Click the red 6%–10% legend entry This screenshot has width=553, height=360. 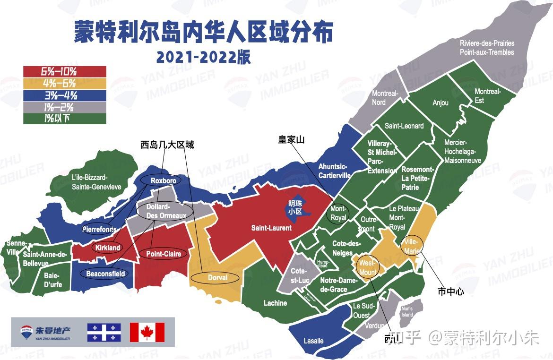coord(64,71)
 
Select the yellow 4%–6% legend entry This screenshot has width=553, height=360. coord(64,83)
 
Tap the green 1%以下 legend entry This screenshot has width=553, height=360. coord(64,119)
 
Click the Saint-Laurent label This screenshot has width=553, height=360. coord(271,228)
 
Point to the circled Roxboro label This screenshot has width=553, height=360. coord(163,181)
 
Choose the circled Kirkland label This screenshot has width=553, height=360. coord(107,248)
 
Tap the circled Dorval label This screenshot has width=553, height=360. coord(217,278)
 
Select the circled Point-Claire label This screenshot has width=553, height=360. coord(163,254)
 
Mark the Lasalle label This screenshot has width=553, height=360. coord(313,341)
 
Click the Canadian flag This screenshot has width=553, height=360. coord(147,332)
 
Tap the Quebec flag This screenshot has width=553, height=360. coord(104,332)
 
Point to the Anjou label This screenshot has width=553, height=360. coord(441,103)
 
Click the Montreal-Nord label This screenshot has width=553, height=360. coord(385,98)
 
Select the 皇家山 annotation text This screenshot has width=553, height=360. coord(291,140)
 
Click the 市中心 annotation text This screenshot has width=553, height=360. coord(451,291)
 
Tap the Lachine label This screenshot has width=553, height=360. coord(275,303)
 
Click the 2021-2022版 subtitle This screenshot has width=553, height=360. coord(204,57)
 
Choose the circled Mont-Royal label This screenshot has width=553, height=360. coord(338,214)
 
